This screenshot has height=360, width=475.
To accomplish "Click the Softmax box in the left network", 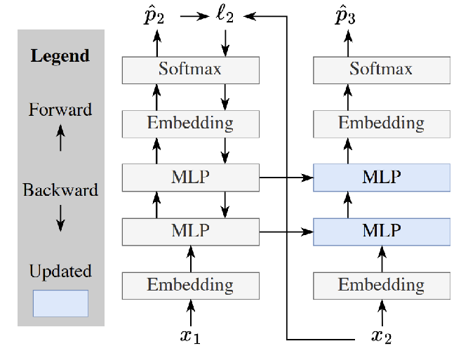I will tap(191, 69).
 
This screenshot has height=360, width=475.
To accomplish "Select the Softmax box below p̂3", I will tap(381, 69).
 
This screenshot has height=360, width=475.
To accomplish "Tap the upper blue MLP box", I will tap(381, 177).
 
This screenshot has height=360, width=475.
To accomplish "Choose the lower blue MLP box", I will tap(381, 231).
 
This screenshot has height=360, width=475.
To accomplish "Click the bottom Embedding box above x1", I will tap(191, 285).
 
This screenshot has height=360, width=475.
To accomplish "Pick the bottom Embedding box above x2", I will tap(381, 285).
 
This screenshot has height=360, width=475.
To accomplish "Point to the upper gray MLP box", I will tap(191, 177).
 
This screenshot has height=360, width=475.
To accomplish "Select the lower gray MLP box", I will tap(191, 231).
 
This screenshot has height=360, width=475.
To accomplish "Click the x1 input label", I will tap(190, 336).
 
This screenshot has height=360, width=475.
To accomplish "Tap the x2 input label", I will tap(381, 337).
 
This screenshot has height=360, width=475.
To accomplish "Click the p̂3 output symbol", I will tap(346, 16).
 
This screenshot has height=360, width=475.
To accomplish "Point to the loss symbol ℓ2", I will tap(225, 15).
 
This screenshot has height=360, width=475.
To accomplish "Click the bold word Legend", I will tap(60, 55).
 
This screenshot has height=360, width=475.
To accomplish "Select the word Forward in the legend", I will tap(60, 109).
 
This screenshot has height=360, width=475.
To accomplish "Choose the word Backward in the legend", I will tap(60, 190).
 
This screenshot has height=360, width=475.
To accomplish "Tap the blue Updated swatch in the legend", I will tap(60, 303).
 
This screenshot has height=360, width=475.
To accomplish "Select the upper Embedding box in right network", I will tap(381, 124).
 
